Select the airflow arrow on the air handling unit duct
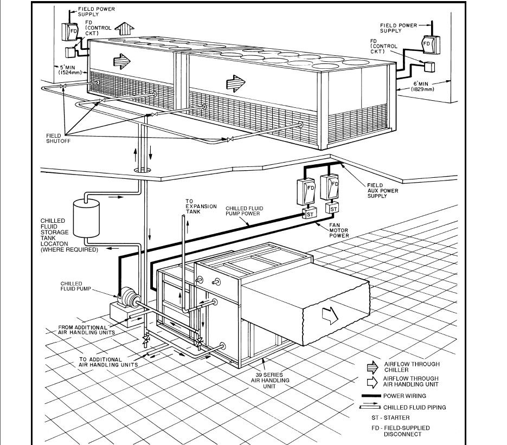point(329,313)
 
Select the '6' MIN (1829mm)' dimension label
point(421,85)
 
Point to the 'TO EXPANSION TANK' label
point(201,207)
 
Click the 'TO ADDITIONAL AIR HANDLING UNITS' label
point(108,362)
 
